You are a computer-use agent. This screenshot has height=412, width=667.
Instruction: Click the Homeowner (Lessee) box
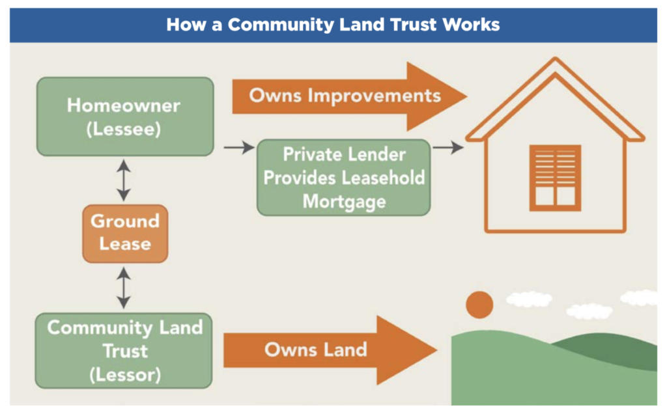point(124,117)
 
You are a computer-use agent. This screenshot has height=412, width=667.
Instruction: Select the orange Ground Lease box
point(124,233)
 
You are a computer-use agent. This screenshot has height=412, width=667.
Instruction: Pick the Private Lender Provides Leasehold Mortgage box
point(343,178)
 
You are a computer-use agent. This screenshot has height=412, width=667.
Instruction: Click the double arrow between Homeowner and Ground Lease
point(124,180)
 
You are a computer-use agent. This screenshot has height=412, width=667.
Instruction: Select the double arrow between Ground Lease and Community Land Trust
point(124,287)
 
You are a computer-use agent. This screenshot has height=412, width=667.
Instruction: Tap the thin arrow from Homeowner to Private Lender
point(238,148)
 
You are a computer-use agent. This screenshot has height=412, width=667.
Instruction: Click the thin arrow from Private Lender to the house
point(447,148)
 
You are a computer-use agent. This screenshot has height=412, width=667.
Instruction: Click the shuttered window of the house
point(554,178)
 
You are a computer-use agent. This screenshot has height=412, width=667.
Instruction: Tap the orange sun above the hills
point(479,305)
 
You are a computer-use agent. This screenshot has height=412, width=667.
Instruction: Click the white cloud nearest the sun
point(528,299)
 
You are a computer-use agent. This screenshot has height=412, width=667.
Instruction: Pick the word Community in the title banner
point(279,25)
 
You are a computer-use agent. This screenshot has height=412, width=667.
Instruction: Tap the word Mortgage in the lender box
point(344,201)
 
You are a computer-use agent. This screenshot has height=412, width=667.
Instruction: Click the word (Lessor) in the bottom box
point(124,375)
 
